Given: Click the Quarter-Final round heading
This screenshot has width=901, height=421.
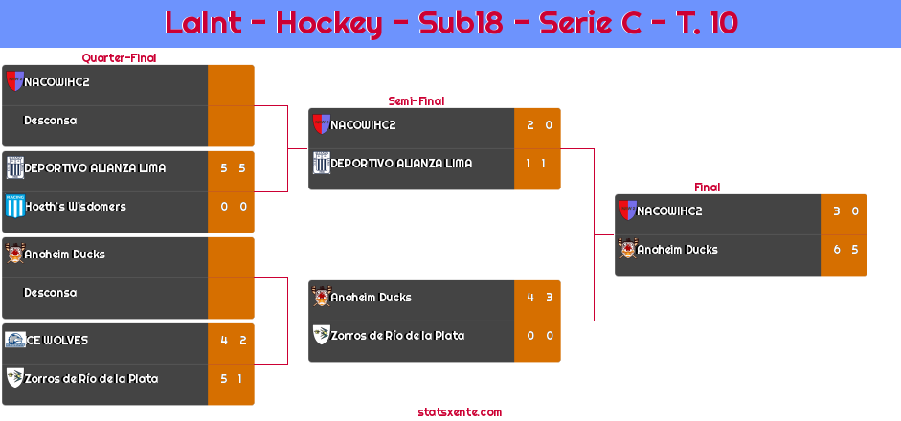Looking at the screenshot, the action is (119, 57).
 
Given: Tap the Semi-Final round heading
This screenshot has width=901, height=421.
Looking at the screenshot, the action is (417, 101).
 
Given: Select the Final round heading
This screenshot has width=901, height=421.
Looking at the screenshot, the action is (708, 188).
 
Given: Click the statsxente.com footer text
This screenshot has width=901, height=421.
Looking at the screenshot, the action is (460, 412).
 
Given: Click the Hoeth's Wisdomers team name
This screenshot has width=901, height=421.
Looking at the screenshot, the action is (76, 206).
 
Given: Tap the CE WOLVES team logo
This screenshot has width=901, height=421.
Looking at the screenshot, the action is (15, 340).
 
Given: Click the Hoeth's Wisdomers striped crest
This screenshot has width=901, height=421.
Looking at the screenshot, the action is (15, 206).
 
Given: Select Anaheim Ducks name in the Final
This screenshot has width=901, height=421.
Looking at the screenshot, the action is (678, 250).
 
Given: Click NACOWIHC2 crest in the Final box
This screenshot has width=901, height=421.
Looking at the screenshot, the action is (627, 210).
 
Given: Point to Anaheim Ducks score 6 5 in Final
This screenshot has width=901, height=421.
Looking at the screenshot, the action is (845, 250).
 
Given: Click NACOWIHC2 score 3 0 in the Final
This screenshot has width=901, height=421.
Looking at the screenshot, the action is (845, 211).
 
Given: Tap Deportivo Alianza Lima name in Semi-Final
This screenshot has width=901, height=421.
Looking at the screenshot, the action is (401, 163).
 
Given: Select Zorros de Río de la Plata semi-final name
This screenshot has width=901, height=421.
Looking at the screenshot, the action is (397, 336).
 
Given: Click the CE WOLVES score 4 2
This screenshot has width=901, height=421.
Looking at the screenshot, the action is (234, 340).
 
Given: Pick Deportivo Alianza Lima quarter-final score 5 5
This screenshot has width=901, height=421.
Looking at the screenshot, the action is (234, 168).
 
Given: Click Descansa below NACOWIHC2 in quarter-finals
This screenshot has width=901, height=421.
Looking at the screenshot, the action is (50, 121).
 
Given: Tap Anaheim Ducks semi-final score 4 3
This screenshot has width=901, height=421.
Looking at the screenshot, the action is (540, 298).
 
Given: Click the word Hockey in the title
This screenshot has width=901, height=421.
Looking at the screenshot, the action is (329, 24).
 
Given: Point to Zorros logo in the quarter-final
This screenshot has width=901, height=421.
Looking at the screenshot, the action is (15, 377).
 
